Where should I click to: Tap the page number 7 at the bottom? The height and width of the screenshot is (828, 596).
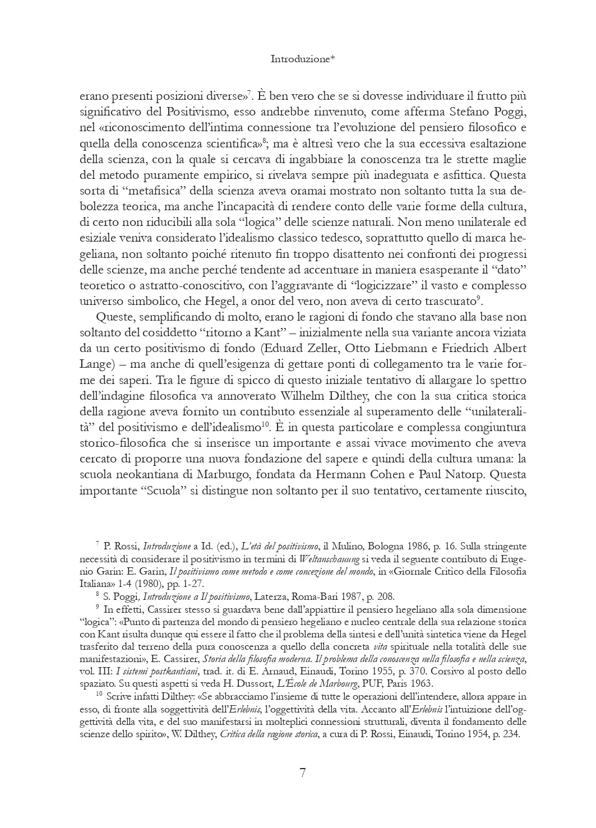click(x=303, y=773)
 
